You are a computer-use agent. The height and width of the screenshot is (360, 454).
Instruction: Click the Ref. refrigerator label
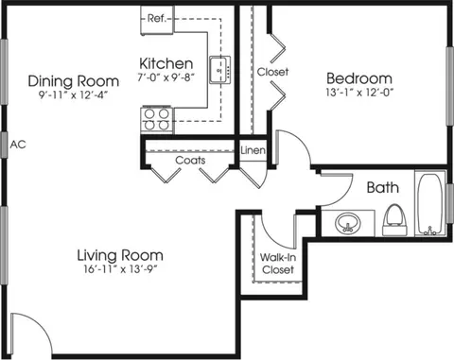156,18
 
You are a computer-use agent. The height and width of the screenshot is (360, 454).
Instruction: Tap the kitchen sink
220,70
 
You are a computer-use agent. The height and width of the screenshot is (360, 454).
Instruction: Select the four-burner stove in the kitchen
157,119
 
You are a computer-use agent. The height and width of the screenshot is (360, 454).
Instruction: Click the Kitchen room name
166,63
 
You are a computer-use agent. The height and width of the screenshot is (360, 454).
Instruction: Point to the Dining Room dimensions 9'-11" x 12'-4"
73,94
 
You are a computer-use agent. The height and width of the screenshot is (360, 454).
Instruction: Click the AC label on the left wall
18,145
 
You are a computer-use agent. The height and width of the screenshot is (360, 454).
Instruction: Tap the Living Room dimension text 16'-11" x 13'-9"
120,269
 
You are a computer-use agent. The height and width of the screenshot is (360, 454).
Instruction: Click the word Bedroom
359,78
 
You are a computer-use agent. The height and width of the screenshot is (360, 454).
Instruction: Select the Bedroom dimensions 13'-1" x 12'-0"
359,93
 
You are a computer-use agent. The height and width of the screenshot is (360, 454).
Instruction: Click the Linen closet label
253,150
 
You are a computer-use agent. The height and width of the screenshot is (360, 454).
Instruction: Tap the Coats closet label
190,161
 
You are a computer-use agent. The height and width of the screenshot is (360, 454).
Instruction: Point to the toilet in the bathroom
394,220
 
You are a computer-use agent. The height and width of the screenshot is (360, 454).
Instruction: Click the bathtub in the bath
429,204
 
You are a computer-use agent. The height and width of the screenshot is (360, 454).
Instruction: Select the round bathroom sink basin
347,223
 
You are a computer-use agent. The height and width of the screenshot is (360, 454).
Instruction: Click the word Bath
383,188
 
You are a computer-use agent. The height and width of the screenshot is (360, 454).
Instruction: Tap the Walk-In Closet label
278,264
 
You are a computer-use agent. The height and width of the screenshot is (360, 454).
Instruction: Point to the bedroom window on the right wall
450,86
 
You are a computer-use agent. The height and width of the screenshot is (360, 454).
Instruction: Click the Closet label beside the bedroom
272,72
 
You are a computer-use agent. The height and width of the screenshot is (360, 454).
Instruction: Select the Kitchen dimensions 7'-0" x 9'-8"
166,77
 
